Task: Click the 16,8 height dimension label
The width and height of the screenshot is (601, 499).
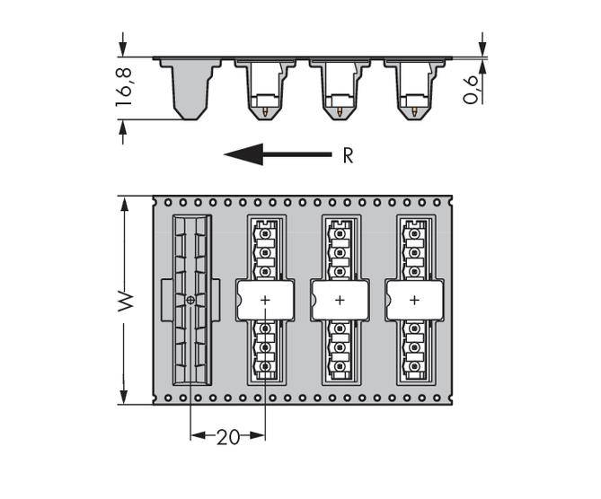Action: (x=124, y=87)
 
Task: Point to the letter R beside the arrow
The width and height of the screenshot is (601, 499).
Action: (x=348, y=156)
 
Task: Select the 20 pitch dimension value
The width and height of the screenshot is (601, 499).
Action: (x=228, y=437)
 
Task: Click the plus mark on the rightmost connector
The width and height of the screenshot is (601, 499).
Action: (x=414, y=300)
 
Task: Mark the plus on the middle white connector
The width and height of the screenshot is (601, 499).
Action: (x=340, y=300)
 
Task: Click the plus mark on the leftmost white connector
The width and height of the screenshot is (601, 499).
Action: (x=265, y=300)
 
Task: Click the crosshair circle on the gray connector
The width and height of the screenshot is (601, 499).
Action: (x=190, y=300)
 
